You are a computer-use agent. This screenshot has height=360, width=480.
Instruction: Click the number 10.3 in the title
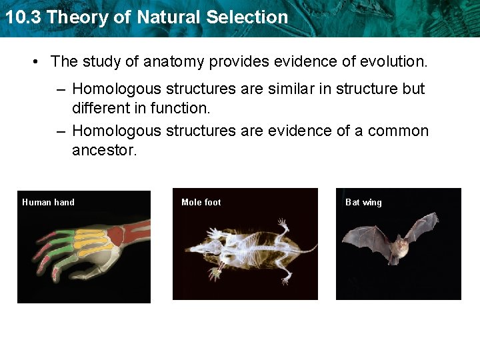coord(23,17)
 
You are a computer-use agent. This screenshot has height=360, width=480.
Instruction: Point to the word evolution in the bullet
coord(393,62)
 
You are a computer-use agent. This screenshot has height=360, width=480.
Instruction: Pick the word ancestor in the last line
coord(104,150)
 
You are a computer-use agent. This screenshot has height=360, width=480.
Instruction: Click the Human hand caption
coord(48,202)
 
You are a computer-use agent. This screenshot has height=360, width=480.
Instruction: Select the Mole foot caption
coord(201,202)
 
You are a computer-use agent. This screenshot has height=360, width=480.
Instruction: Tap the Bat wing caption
coord(363,202)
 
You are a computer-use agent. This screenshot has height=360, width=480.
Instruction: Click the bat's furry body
coord(400,248)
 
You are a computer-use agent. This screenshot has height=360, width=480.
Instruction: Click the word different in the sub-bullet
coord(101,107)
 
